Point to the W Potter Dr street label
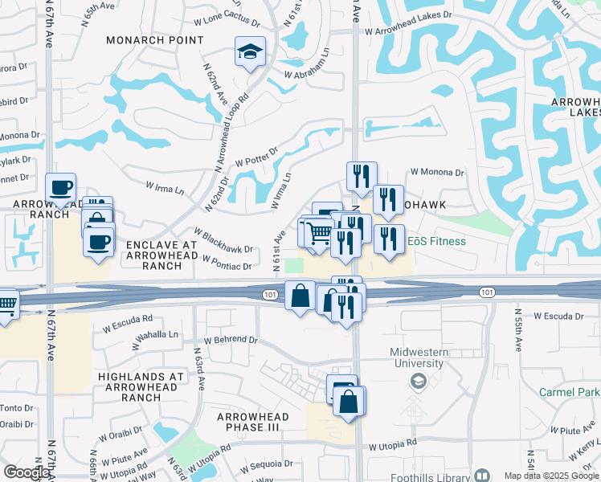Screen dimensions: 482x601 click(x=256, y=157)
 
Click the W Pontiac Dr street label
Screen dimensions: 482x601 click(x=227, y=263)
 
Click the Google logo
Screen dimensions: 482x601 click(x=26, y=472)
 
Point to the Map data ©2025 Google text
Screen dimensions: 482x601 click(x=552, y=476)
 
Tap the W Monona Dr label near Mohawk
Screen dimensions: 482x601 click(x=438, y=172)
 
